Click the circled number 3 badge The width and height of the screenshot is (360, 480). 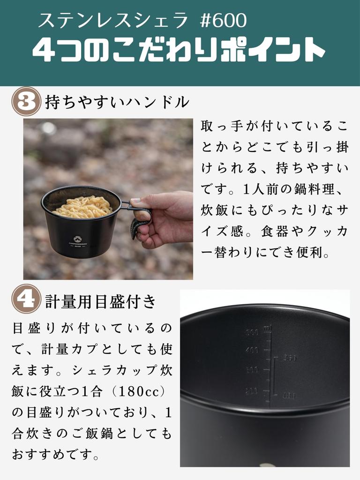point(27,101)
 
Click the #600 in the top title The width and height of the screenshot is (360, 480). point(223,20)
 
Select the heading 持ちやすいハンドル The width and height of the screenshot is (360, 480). point(117,102)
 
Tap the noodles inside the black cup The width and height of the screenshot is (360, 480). point(82,207)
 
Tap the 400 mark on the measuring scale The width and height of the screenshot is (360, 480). point(252,350)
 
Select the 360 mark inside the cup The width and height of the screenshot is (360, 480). point(290,359)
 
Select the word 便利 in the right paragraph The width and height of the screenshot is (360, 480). point(322,253)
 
